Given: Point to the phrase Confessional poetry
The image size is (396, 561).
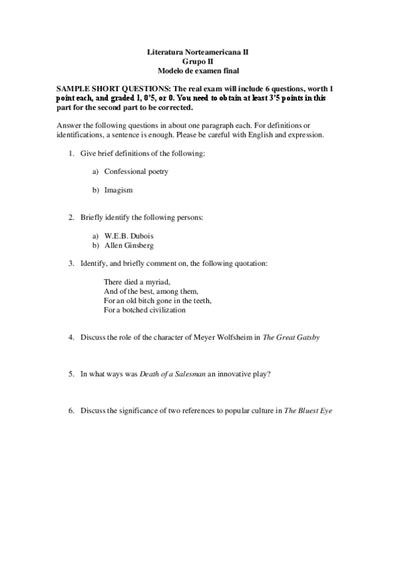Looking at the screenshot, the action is pyautogui.click(x=136, y=172).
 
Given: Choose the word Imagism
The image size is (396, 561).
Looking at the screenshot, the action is pyautogui.click(x=118, y=190).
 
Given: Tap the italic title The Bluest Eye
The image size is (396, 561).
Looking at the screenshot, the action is pyautogui.click(x=307, y=411).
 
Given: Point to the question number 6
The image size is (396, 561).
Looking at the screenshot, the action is pyautogui.click(x=71, y=411).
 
